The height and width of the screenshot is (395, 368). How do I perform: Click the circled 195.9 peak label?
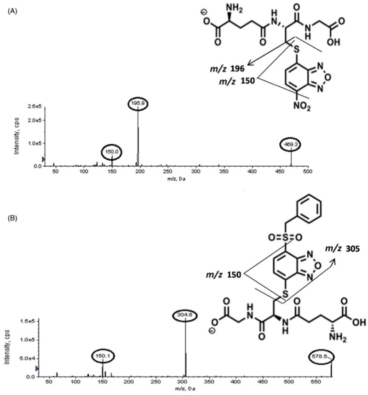pos(138,105)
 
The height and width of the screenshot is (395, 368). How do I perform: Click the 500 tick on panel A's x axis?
pos(308,172)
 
